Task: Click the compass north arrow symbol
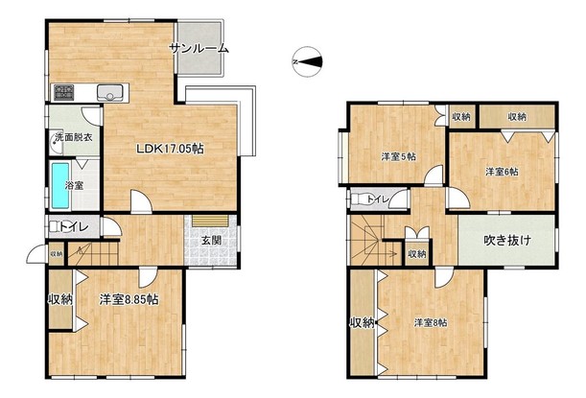pyautogui.click(x=307, y=61)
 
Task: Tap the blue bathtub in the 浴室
pyautogui.click(x=60, y=185)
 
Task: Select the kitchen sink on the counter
pyautogui.click(x=110, y=92)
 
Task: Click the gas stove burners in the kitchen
pyautogui.click(x=64, y=92)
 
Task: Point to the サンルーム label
pyautogui.click(x=199, y=48)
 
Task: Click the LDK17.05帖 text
pyautogui.click(x=170, y=149)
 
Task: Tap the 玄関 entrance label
pyautogui.click(x=212, y=241)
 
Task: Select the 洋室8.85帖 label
pyautogui.click(x=129, y=299)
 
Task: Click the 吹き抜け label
pyautogui.click(x=507, y=241)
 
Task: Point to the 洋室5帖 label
pyautogui.click(x=399, y=156)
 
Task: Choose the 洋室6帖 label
pyautogui.click(x=502, y=172)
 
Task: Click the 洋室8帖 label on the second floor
pyautogui.click(x=431, y=322)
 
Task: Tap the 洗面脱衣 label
pyautogui.click(x=74, y=137)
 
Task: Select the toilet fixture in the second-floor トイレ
pyautogui.click(x=360, y=199)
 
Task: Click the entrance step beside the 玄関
pyautogui.click(x=210, y=221)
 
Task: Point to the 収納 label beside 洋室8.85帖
pyautogui.click(x=60, y=299)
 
